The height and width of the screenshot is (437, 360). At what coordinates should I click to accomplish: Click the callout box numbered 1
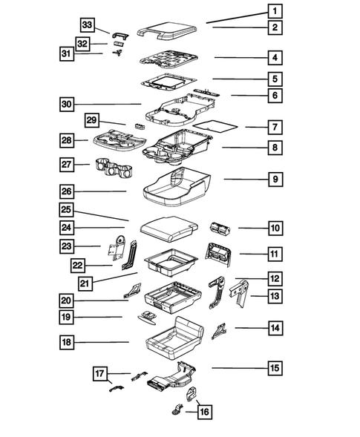coord(275,11)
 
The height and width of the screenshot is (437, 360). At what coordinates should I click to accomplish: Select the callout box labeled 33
coord(87,25)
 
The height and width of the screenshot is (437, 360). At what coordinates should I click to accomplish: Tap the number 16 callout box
coord(204,412)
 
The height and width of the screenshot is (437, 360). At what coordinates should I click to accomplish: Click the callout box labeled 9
coord(275,179)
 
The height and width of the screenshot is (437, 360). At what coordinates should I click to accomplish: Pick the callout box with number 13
coord(275,296)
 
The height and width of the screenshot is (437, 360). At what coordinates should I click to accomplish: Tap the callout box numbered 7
coord(275,127)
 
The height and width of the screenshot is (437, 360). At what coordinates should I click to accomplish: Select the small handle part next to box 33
coord(122,33)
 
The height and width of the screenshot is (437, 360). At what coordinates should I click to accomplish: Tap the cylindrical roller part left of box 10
coord(220,228)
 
